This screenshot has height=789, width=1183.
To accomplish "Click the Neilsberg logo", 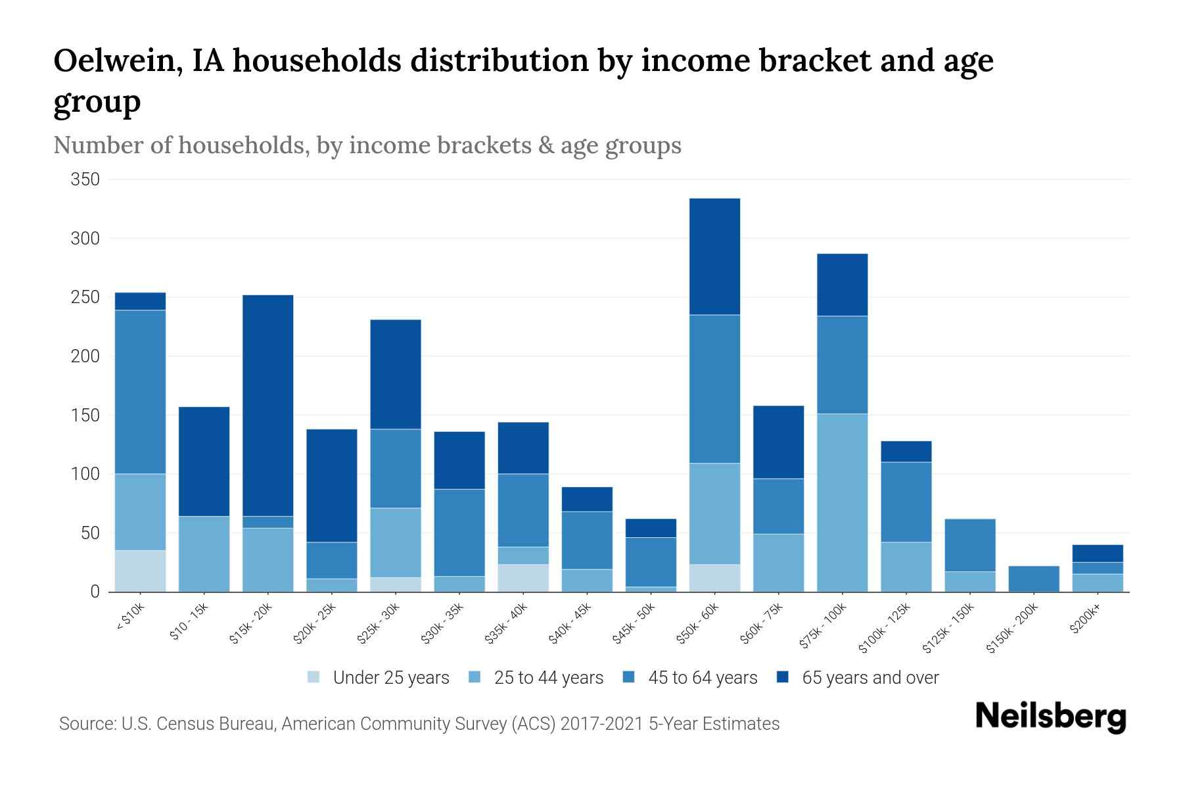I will pyautogui.click(x=1050, y=717).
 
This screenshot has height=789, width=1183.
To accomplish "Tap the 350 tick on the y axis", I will pyautogui.click(x=85, y=179).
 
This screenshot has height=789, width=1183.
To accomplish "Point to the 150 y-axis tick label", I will pyautogui.click(x=85, y=416).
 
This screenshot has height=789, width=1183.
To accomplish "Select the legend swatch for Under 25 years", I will pyautogui.click(x=314, y=677).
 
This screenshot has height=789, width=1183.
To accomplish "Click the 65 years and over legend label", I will pyautogui.click(x=870, y=677).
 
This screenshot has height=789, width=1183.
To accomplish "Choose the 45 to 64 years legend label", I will pyautogui.click(x=703, y=677).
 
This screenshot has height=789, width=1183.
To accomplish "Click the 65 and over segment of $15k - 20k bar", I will pyautogui.click(x=268, y=405).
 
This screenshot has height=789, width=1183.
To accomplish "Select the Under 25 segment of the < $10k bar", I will pyautogui.click(x=140, y=571).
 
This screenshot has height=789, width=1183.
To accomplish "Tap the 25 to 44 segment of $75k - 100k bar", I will pyautogui.click(x=842, y=502).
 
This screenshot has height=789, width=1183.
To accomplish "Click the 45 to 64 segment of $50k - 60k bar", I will pyautogui.click(x=714, y=389).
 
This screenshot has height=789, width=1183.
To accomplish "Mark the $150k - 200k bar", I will pyautogui.click(x=1033, y=579).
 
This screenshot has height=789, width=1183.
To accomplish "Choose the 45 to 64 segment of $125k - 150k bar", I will pyautogui.click(x=969, y=545).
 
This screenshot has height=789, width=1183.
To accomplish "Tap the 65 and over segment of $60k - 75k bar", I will pyautogui.click(x=778, y=442).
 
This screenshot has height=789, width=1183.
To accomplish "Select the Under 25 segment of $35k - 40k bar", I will pyautogui.click(x=523, y=578).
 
